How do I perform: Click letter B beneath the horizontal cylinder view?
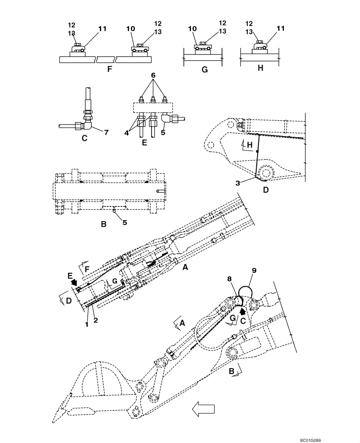click(x=103, y=225)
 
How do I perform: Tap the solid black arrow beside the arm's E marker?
click(x=74, y=282)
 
